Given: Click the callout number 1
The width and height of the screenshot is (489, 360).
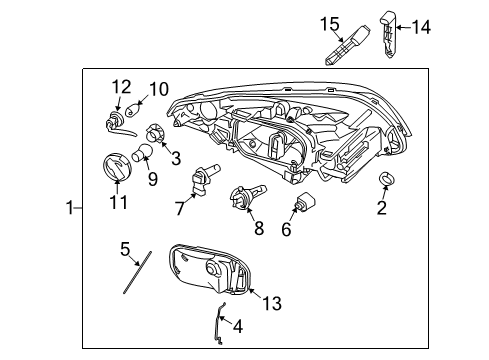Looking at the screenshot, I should (69, 208).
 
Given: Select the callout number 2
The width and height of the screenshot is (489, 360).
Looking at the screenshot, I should (382, 208).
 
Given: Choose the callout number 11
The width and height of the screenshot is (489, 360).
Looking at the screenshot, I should (119, 203).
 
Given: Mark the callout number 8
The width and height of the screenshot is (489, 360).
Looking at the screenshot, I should (258, 228).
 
